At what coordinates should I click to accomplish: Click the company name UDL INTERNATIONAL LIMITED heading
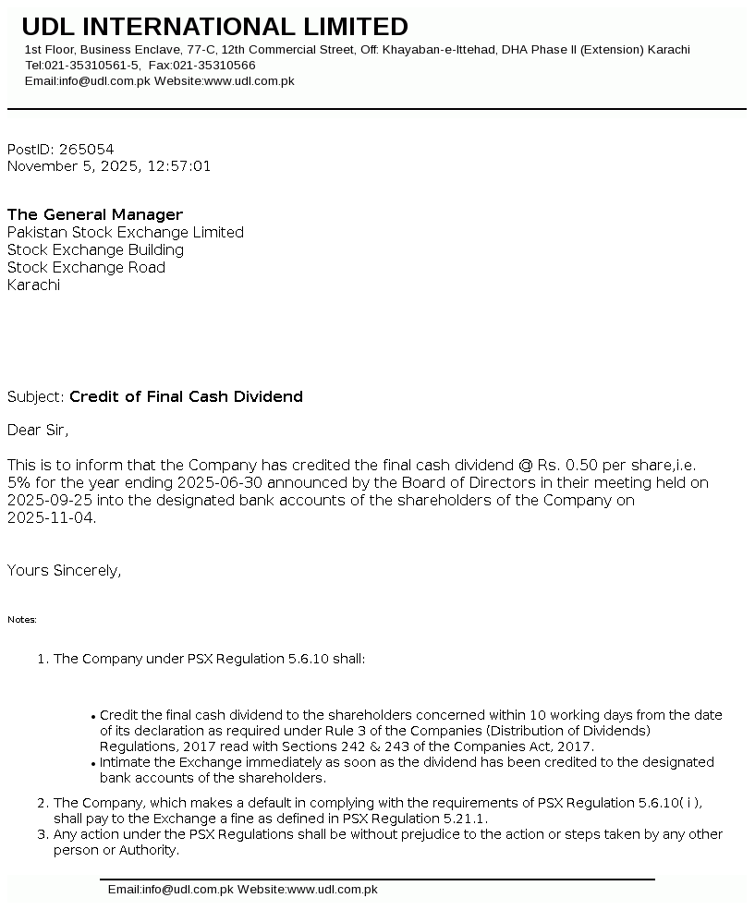tap(214, 27)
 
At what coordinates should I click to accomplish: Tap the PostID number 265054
tap(87, 149)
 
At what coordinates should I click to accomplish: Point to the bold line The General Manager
tap(95, 214)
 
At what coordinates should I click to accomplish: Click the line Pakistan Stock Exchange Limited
tap(126, 232)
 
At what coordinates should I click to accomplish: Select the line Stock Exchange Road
tap(86, 267)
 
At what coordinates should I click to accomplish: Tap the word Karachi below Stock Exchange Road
tap(33, 285)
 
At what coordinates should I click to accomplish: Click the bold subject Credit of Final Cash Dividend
tap(186, 396)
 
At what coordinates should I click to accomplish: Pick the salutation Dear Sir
tap(38, 430)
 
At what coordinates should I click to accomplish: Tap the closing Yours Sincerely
tap(64, 570)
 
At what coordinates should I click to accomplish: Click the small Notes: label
tap(22, 619)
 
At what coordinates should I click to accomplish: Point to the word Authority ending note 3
tap(148, 850)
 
